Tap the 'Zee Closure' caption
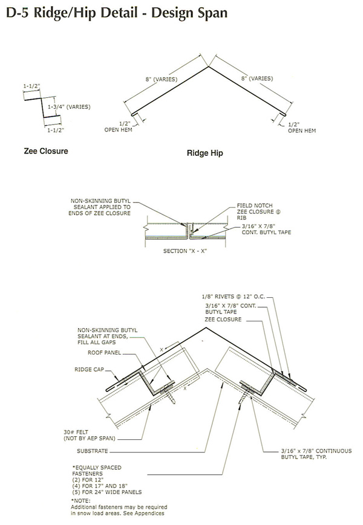pyautogui.click(x=46, y=151)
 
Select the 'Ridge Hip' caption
pyautogui.click(x=204, y=153)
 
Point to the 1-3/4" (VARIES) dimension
pyautogui.click(x=69, y=107)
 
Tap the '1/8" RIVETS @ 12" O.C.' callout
pyautogui.click(x=235, y=297)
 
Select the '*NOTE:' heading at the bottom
pyautogui.click(x=81, y=500)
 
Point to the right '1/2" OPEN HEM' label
pyautogui.click(x=301, y=127)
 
